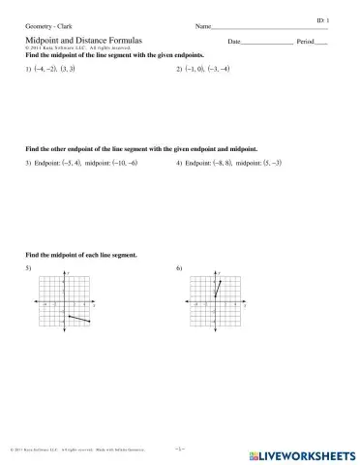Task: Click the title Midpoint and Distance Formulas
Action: [x=83, y=42]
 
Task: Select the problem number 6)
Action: [x=179, y=266]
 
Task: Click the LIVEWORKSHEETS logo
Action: [x=304, y=452]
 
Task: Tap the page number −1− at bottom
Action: [x=179, y=449]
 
